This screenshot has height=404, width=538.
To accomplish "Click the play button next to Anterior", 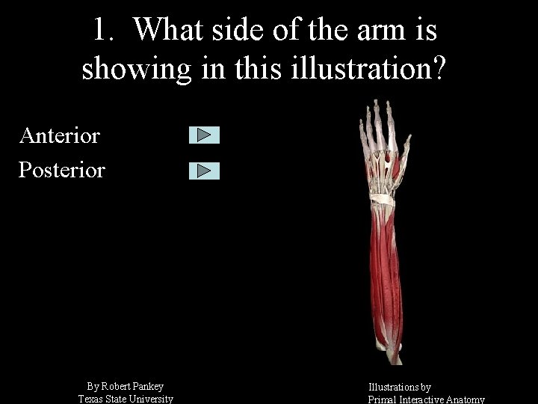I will click(x=204, y=135).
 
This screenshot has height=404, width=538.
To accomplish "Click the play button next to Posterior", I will click(x=204, y=171).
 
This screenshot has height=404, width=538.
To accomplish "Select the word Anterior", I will click(x=60, y=135).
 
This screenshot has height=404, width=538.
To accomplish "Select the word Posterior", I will click(x=62, y=170).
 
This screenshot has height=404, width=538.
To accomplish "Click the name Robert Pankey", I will click(x=132, y=386).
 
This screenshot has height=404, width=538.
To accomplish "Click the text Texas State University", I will click(x=126, y=399).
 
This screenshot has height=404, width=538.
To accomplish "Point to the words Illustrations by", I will click(x=400, y=387).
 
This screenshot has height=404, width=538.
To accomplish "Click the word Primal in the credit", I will click(x=383, y=400).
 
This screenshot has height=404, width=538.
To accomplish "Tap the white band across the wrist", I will click(x=382, y=200).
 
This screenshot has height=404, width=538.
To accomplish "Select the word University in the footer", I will click(x=152, y=399).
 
